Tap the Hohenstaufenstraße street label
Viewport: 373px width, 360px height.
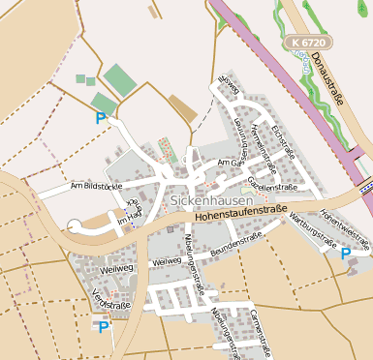pos(242,213)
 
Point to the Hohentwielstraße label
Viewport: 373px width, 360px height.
pos(345,225)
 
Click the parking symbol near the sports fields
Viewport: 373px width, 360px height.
pos(101,119)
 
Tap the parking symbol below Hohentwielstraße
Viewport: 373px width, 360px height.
pos(346,254)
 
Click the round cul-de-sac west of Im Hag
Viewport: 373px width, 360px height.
pos(75,226)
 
